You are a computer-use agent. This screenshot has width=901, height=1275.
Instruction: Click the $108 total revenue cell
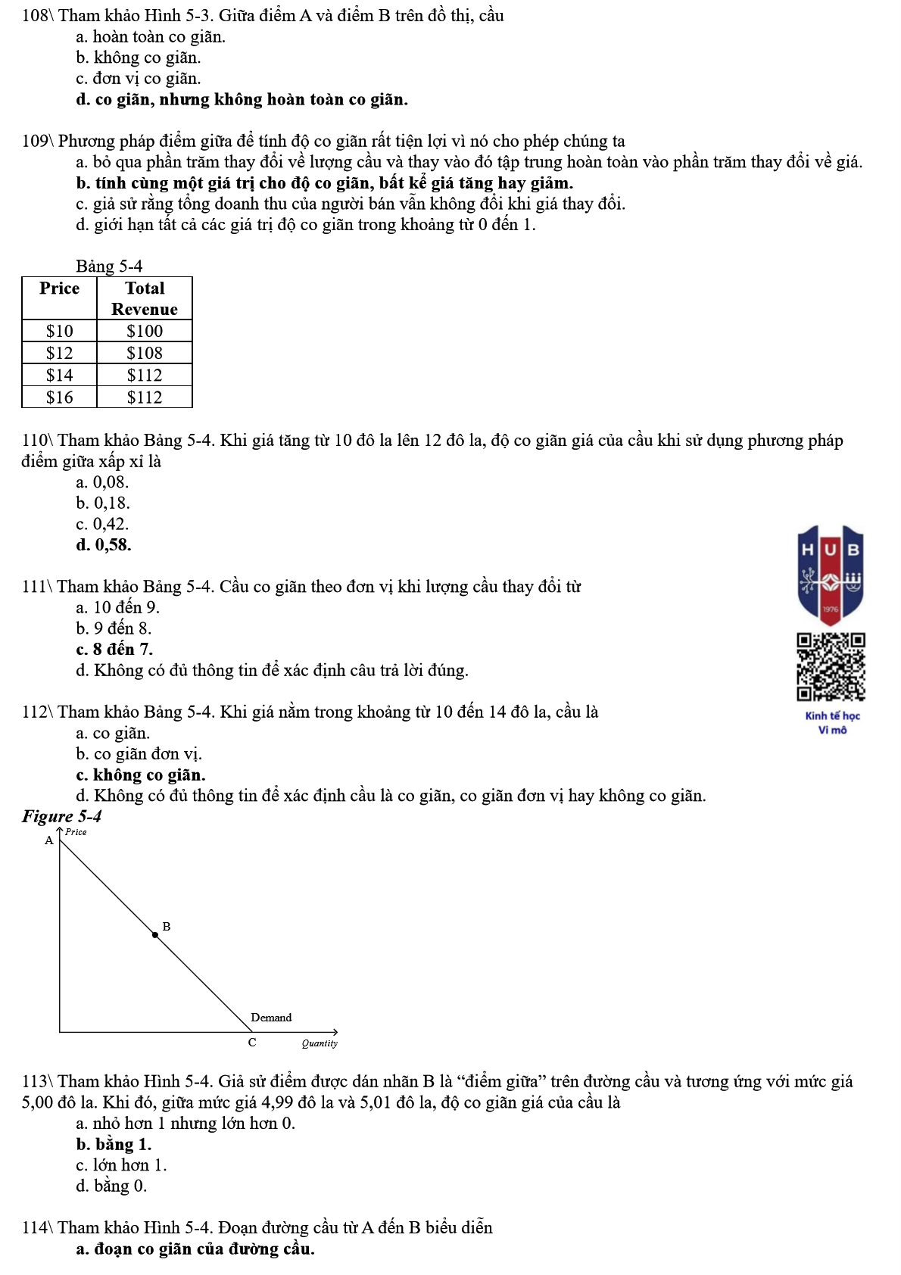(x=145, y=353)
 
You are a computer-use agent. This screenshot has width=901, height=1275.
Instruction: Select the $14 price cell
(x=60, y=375)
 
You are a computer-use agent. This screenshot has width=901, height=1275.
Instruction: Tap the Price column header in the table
(x=60, y=288)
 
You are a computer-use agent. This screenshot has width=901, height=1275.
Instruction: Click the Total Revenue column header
(x=145, y=298)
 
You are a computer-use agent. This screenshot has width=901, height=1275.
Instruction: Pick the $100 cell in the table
(x=145, y=331)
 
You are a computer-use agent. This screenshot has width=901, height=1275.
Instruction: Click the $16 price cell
(x=60, y=397)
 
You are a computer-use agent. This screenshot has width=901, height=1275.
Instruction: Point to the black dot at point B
(x=155, y=935)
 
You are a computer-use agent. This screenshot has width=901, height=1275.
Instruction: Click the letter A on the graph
(x=49, y=840)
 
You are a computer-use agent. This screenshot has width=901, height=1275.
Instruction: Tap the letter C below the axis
(x=252, y=1043)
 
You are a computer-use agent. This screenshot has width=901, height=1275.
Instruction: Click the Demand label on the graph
(x=271, y=1018)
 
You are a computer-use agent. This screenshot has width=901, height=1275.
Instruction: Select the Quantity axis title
(x=320, y=1043)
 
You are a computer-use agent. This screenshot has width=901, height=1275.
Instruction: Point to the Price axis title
(x=76, y=832)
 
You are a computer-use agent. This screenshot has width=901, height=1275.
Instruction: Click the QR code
(x=831, y=667)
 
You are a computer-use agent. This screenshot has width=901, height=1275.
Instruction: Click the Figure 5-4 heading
(x=61, y=816)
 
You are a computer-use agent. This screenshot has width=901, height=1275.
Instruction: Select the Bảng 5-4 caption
(x=109, y=267)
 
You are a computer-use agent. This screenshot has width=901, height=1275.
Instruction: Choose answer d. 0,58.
(x=104, y=545)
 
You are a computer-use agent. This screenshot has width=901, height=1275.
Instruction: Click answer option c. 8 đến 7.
(x=114, y=650)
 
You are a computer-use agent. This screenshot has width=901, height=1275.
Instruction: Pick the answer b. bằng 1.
(x=114, y=1145)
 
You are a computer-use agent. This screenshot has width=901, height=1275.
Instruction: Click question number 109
(x=36, y=142)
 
